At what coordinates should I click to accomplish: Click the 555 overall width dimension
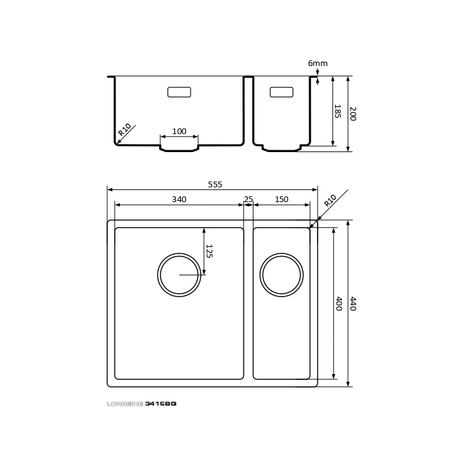click(215, 185)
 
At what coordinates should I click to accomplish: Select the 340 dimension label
click(179, 200)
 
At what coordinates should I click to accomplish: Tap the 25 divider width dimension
click(248, 200)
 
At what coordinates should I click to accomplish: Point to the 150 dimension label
click(282, 200)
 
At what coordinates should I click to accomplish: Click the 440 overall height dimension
click(353, 304)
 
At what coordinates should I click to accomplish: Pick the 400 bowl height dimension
click(339, 304)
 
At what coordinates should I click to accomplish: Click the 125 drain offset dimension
click(209, 251)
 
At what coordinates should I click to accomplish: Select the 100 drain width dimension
click(179, 132)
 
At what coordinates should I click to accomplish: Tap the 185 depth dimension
click(337, 111)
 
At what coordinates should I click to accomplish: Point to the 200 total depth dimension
click(353, 114)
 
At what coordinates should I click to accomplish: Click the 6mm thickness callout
click(318, 64)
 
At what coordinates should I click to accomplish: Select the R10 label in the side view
click(124, 130)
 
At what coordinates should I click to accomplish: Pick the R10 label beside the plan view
click(331, 200)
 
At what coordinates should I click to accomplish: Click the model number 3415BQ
click(160, 404)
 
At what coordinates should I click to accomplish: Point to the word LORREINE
click(125, 404)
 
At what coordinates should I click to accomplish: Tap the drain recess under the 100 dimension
click(179, 151)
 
